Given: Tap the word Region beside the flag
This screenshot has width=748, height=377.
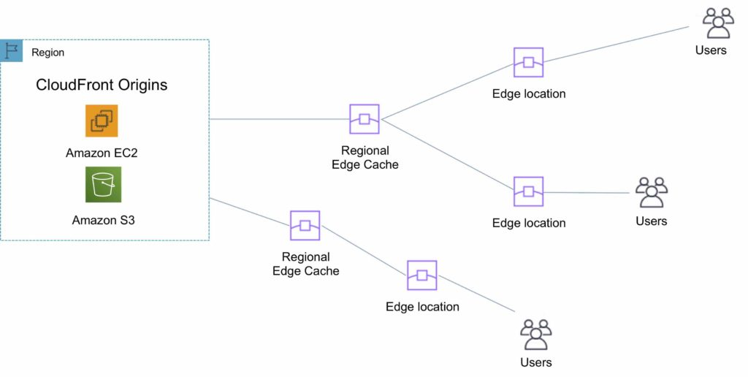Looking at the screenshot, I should pos(47,53).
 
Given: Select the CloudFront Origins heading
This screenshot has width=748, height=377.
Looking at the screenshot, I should pos(102,85).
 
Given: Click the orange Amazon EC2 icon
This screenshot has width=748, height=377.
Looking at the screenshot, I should pos(102,121).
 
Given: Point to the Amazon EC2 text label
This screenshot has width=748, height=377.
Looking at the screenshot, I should pos(102,153).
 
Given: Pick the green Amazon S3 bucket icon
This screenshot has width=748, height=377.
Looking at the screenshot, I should pos(103,184).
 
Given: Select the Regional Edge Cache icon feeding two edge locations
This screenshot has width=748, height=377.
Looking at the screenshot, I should pos(365,119).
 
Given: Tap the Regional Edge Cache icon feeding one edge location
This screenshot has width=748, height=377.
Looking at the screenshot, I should pos(305,226).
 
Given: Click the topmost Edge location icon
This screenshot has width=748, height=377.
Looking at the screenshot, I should pos(528,63).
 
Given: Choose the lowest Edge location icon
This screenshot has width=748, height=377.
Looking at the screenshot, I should pos(422,275).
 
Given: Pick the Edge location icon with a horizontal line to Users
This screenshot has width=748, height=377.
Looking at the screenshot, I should pos(528,192).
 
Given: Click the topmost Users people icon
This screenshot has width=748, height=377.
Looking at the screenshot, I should pos(718,23).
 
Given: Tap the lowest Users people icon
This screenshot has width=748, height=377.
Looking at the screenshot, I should pos(535,335).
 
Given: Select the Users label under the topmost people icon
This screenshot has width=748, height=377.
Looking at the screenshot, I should pos(711,50).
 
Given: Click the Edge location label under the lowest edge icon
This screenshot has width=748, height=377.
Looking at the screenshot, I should pos(422,307).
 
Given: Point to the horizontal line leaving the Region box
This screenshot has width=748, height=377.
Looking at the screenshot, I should pos(278,119).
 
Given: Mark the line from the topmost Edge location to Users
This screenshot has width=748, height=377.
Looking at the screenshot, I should pos(614,44).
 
